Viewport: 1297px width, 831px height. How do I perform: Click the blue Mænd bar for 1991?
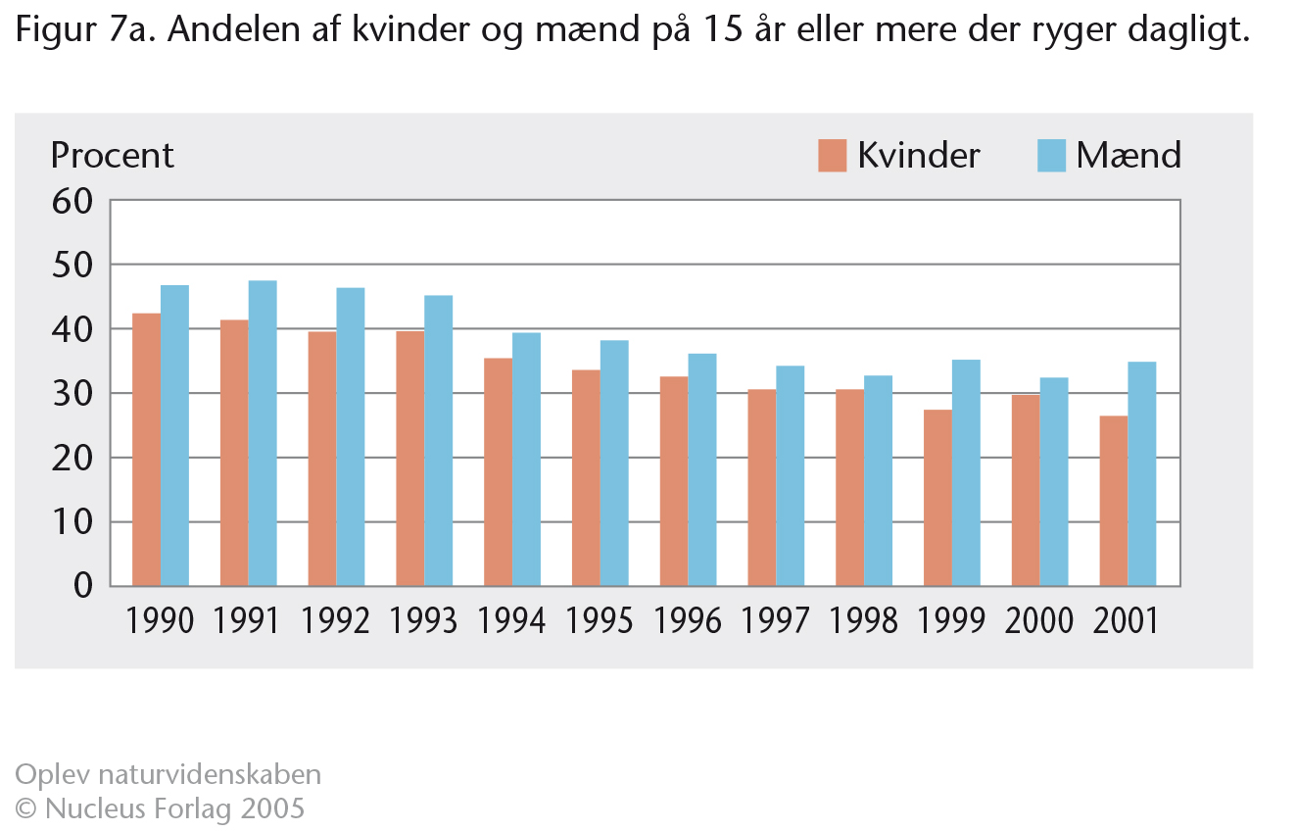point(263,433)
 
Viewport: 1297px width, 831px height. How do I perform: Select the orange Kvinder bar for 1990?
point(147,450)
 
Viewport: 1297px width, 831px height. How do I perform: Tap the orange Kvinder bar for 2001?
point(1114,501)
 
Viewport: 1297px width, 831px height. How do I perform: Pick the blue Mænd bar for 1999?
point(966,472)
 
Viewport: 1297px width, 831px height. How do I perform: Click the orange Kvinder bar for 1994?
point(498,472)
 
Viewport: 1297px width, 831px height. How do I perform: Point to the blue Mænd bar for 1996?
point(702,469)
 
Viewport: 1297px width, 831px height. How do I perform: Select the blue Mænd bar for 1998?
point(879,480)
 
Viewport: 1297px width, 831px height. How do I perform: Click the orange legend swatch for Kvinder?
point(832,155)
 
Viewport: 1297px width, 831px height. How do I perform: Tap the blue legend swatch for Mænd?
point(1051,155)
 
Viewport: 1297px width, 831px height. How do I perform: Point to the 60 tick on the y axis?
point(72,202)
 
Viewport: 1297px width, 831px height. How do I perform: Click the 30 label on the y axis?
point(72,394)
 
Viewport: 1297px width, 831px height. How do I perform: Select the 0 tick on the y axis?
point(83,585)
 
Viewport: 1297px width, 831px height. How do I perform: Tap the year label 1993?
point(423,620)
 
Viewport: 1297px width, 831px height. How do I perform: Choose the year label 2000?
point(1038,620)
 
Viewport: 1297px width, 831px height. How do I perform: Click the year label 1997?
point(775,620)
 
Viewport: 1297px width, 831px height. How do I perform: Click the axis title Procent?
point(112,155)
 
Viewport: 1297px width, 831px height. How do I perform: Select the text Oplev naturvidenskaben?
point(168,775)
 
